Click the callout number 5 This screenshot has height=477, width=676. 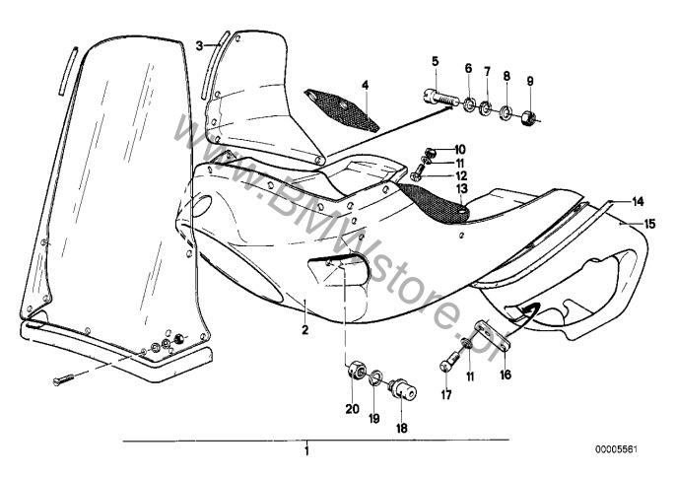(435, 62)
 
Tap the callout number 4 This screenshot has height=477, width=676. (365, 86)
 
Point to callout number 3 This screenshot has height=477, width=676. (199, 44)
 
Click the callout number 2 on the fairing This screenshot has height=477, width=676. (305, 329)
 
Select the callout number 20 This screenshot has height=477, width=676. (351, 409)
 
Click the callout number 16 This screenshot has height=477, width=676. (506, 375)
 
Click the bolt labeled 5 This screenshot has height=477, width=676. (437, 97)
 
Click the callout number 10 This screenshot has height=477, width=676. (460, 149)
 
